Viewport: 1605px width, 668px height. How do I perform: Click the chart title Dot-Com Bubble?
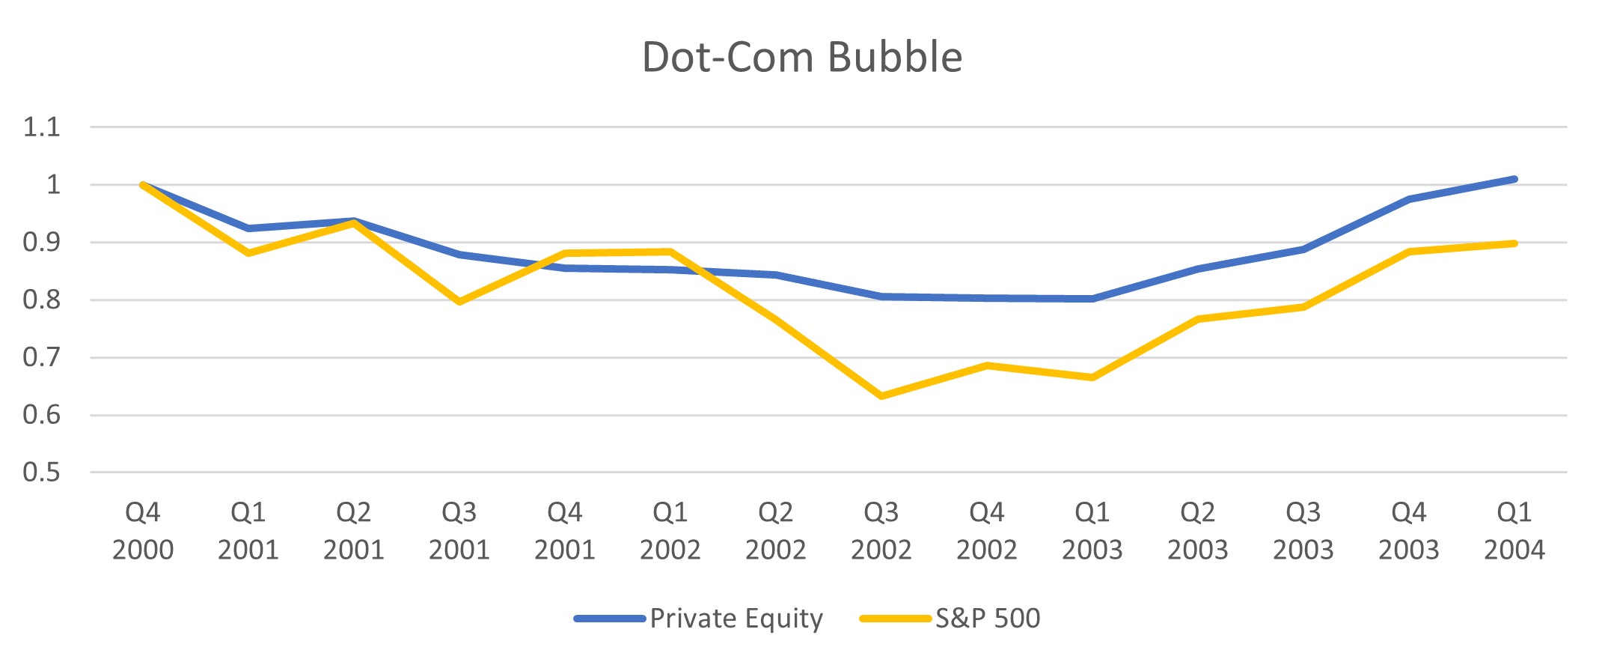click(x=802, y=57)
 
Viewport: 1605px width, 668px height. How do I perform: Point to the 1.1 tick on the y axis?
click(x=41, y=127)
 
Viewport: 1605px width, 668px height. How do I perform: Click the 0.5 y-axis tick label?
click(x=41, y=473)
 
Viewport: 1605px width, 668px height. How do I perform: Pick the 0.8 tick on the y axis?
click(x=41, y=300)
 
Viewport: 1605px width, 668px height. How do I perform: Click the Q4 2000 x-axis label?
click(x=142, y=531)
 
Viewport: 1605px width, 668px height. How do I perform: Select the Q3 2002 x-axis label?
click(x=881, y=531)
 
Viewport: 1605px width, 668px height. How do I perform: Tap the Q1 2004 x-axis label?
click(x=1514, y=531)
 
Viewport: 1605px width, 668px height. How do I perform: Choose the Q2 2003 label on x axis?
click(x=1197, y=531)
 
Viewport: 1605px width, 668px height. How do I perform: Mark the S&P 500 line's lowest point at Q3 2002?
click(x=881, y=396)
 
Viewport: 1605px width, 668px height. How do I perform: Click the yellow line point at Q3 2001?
click(x=459, y=302)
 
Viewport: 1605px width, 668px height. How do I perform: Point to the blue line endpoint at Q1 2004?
click(x=1514, y=179)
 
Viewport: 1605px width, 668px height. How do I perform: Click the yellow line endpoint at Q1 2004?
click(x=1514, y=243)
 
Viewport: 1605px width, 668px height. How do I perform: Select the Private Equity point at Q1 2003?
click(x=1092, y=299)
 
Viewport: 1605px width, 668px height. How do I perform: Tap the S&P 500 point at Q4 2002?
click(x=987, y=365)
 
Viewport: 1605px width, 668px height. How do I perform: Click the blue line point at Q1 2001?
click(x=248, y=228)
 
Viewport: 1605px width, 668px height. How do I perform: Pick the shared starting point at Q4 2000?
click(x=143, y=185)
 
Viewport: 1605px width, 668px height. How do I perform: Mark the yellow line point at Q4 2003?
click(x=1409, y=252)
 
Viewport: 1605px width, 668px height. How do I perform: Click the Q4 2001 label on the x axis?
click(x=564, y=531)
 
